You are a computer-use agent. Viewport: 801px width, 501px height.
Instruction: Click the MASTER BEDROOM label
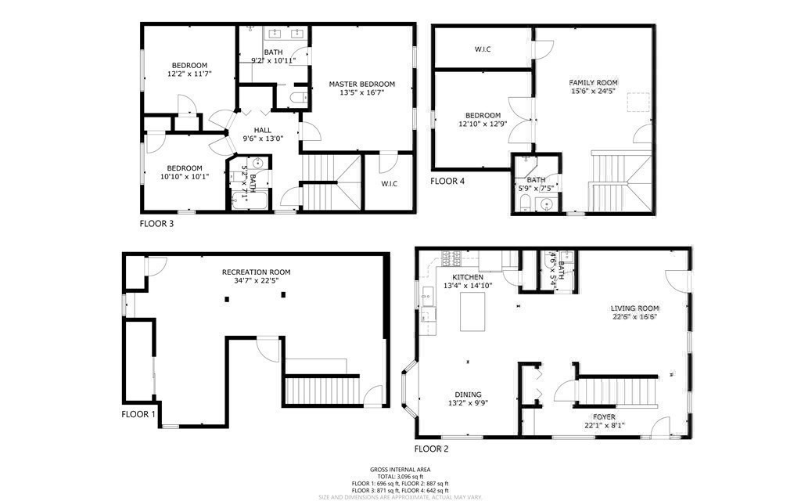[x=361, y=85]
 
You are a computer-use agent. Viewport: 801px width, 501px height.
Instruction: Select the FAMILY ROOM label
[x=593, y=82]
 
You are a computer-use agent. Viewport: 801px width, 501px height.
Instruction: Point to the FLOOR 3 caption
[x=156, y=223]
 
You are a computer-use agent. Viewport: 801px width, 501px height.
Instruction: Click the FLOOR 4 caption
[x=447, y=181]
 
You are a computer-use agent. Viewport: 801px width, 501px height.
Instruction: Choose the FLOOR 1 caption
[x=138, y=414]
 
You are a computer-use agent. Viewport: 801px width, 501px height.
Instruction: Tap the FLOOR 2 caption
[x=431, y=449]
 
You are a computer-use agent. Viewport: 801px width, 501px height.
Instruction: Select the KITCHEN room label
[x=468, y=277]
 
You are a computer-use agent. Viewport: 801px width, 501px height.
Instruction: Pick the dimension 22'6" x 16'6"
[x=634, y=316]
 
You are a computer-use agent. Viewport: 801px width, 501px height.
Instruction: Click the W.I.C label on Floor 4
[x=483, y=49]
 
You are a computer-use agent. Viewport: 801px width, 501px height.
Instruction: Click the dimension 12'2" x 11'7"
[x=189, y=74]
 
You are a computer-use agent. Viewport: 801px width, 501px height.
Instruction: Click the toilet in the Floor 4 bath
[x=526, y=204]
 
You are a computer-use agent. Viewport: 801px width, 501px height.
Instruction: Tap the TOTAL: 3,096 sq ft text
[x=400, y=477]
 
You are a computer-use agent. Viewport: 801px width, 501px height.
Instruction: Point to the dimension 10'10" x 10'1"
[x=185, y=176]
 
